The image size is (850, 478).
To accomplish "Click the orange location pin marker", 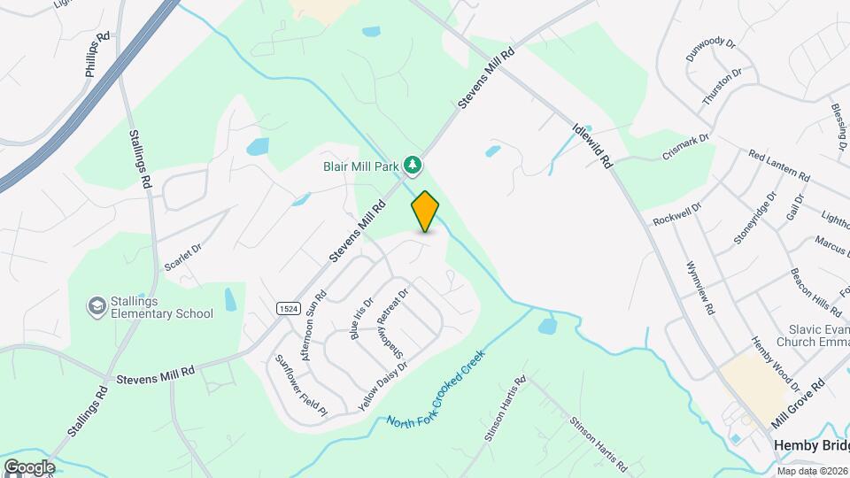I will coord(425,211).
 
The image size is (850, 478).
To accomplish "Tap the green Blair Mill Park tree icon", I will coord(412,164).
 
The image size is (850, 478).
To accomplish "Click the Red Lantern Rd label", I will coord(779,166).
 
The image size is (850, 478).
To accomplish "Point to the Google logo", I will coord(28,466).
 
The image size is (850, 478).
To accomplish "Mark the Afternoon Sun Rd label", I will coord(314,324).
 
